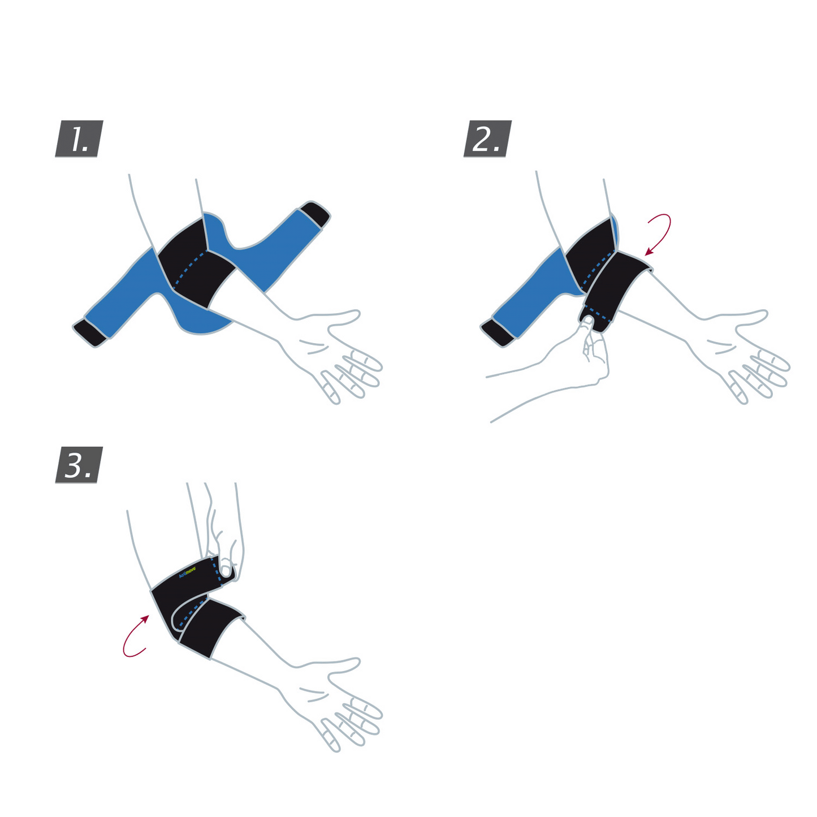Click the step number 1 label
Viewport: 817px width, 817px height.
(x=79, y=139)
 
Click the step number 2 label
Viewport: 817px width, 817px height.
(x=487, y=139)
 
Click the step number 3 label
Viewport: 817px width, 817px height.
(x=79, y=465)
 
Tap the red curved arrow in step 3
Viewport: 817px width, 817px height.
(x=135, y=638)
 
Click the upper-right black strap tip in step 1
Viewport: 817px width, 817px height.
(x=315, y=214)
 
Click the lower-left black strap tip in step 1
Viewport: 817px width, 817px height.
(x=90, y=332)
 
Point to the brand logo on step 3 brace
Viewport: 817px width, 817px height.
(x=187, y=571)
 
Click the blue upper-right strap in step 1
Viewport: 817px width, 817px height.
(x=277, y=249)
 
